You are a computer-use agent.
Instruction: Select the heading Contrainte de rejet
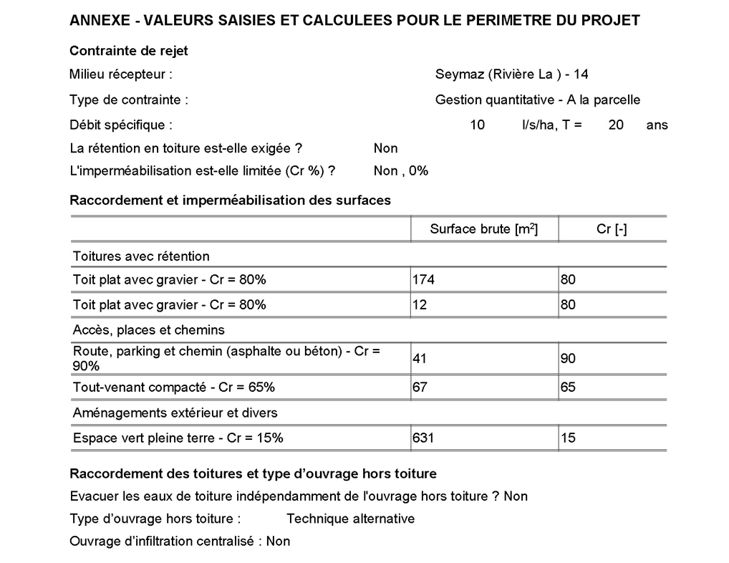click(x=129, y=51)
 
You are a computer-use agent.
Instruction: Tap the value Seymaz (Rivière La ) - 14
click(x=511, y=74)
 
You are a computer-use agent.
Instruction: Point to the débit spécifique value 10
click(x=477, y=125)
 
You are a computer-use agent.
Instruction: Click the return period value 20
click(x=616, y=125)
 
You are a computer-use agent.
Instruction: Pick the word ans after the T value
click(x=657, y=125)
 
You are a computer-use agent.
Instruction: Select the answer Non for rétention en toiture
click(x=385, y=148)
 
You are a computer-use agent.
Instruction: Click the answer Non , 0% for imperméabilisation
click(x=400, y=171)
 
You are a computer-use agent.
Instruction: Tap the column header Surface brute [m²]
click(x=483, y=229)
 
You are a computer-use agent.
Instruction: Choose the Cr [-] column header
click(x=612, y=229)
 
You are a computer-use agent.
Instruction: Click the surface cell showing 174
click(x=424, y=279)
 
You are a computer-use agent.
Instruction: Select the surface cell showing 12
click(x=420, y=304)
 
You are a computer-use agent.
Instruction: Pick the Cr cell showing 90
click(x=568, y=359)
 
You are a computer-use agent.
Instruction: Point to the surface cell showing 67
click(x=420, y=388)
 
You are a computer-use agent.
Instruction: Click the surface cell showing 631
click(x=424, y=438)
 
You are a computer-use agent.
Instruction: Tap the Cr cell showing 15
click(x=568, y=438)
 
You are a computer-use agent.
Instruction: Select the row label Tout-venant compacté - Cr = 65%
click(x=174, y=388)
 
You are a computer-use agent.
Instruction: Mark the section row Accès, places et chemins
click(x=149, y=330)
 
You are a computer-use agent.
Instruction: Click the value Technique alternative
click(x=350, y=519)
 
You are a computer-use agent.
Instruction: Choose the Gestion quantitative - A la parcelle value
click(x=537, y=100)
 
